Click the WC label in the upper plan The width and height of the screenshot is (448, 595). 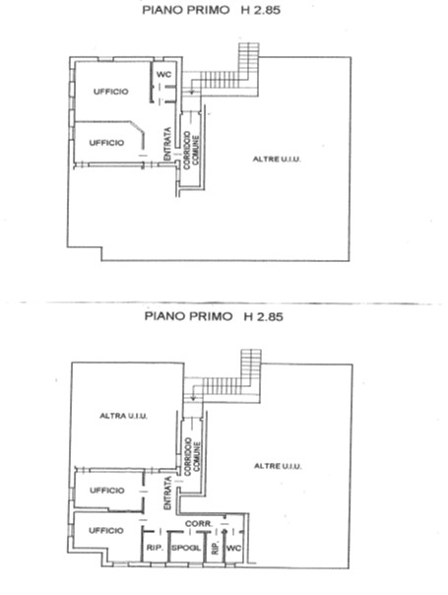163,75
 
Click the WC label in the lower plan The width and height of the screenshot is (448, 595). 233,548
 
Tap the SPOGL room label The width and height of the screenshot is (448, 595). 186,548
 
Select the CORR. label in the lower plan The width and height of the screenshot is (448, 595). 198,524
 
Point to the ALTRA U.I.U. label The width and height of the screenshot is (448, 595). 123,416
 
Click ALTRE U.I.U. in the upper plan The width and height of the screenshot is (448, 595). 277,160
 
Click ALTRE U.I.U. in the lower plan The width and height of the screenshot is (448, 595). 278,466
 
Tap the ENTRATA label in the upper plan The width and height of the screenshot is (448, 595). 167,144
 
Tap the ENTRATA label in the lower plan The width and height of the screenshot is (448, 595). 167,493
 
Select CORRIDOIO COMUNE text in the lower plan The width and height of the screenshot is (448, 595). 192,457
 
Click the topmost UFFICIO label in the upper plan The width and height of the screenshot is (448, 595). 110,92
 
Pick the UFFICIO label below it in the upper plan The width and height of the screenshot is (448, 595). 106,143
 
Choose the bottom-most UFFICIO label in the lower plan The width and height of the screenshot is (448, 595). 106,530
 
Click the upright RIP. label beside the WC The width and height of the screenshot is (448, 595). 215,548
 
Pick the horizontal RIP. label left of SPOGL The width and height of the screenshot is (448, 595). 155,548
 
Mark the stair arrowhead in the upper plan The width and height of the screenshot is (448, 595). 192,92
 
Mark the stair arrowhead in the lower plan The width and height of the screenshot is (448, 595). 193,398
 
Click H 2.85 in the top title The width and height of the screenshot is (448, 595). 261,10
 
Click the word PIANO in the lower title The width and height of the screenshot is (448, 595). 163,316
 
